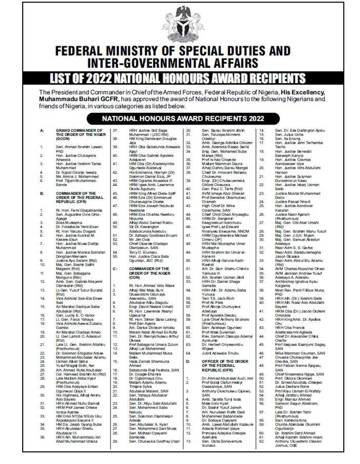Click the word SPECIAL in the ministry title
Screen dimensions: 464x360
click(x=206, y=51)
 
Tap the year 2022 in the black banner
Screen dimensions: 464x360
click(x=96, y=78)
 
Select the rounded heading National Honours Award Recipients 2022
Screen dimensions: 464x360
click(x=183, y=119)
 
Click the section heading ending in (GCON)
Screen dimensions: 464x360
click(x=81, y=134)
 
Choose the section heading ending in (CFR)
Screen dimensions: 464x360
click(x=79, y=197)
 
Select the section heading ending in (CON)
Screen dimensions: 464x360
click(x=149, y=273)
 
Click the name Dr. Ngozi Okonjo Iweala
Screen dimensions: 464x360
click(x=76, y=172)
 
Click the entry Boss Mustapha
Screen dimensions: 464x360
click(x=69, y=223)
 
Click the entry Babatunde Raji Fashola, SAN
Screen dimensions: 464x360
click(x=154, y=370)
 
